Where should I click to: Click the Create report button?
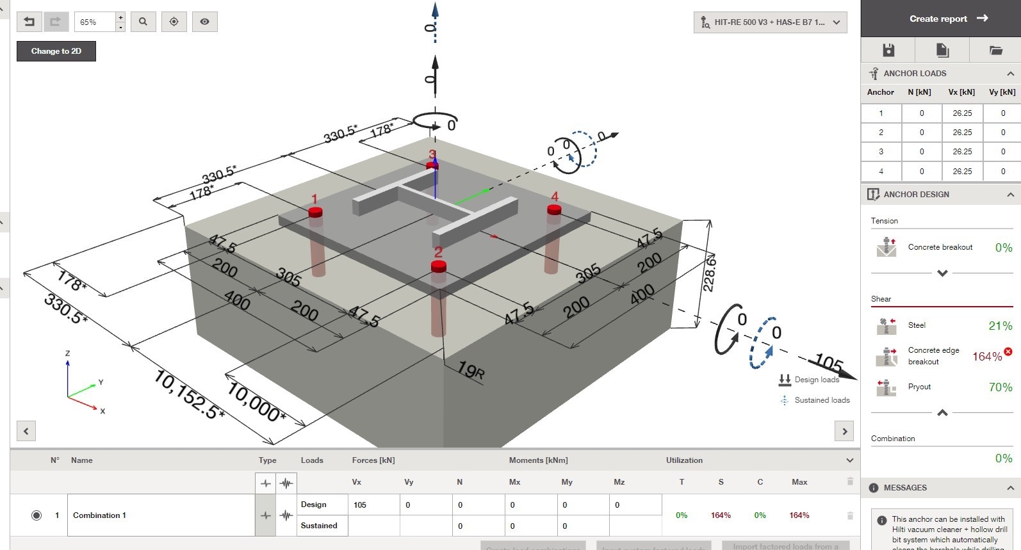pos(948,19)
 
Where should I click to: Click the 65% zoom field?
pos(94,22)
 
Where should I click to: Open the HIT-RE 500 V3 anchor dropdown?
pos(770,22)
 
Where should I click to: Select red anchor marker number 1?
pos(315,212)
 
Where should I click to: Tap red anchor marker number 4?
pos(554,209)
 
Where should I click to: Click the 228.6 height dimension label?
pos(709,273)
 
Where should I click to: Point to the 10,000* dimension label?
pos(256,402)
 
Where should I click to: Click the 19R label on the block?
pos(471,370)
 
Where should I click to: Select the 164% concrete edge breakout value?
pos(987,357)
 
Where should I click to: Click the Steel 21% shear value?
pos(1000,326)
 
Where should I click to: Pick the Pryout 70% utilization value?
pos(1000,387)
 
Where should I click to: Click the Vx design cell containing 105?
pos(373,505)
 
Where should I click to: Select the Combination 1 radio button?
pos(37,515)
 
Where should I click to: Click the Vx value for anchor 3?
pos(961,152)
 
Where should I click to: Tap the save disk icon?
pos(888,50)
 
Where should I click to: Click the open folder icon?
pos(995,50)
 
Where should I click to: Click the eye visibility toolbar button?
pos(204,22)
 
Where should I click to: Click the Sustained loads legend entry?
pos(821,400)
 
